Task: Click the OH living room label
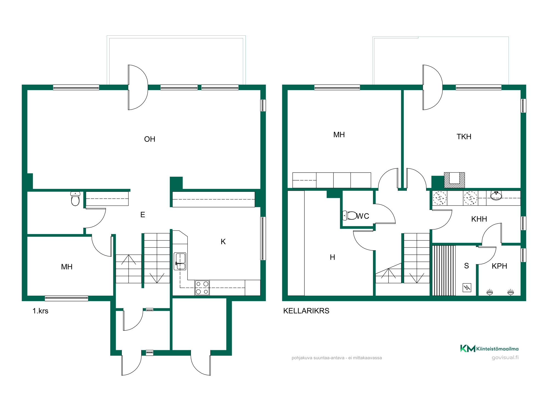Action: [150, 139]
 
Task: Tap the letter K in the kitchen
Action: [223, 242]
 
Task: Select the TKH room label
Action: [464, 137]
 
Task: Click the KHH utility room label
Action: [479, 219]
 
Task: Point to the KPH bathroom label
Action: [499, 266]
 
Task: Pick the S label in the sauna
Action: [466, 266]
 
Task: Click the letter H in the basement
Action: [332, 257]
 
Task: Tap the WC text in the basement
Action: [363, 216]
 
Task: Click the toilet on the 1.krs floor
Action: [75, 199]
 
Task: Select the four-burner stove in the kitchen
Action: [202, 288]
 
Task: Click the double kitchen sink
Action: [180, 261]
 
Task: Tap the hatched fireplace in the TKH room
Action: [454, 180]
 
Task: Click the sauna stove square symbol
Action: [467, 287]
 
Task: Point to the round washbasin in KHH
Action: [496, 196]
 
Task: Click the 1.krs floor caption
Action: [40, 311]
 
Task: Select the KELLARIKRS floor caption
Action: [306, 311]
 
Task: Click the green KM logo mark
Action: [468, 348]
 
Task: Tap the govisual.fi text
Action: [505, 358]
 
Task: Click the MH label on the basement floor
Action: [339, 135]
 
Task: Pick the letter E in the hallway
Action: [142, 215]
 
